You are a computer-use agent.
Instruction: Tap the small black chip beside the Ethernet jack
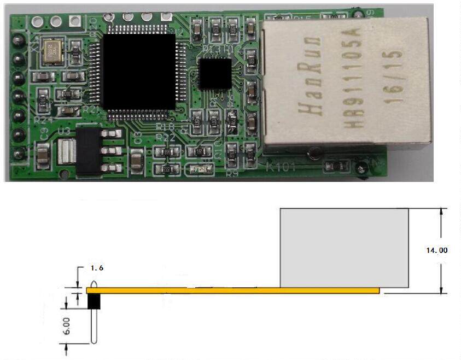[x=215, y=74]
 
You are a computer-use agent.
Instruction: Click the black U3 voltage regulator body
[x=89, y=150]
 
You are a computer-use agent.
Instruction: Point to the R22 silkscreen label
[x=165, y=139]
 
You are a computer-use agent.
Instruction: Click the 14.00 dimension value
[x=436, y=250]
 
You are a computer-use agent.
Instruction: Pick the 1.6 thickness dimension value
[x=96, y=268]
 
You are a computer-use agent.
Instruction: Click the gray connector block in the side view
[x=344, y=247]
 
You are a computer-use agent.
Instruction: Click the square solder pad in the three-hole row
[x=75, y=21]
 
